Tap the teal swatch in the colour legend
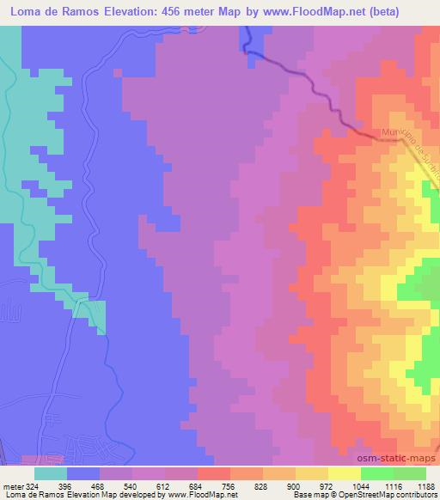51,473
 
